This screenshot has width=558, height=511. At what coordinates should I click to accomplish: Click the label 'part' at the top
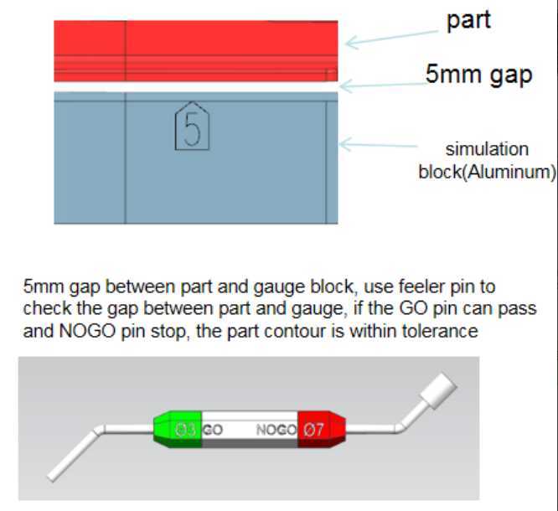[x=468, y=21]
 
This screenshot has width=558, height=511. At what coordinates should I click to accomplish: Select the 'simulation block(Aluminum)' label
[x=487, y=161]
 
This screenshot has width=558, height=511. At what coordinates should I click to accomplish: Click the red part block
[x=195, y=50]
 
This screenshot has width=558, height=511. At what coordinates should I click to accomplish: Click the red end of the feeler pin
[x=321, y=430]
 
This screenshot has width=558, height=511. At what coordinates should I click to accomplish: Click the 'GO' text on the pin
[x=213, y=430]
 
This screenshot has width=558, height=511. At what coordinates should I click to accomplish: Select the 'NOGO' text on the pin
[x=276, y=430]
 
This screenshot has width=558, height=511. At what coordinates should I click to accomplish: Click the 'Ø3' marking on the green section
[x=186, y=430]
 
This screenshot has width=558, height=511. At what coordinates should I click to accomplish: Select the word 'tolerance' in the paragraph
[x=443, y=332]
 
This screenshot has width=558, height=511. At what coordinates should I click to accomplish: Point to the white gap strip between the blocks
[x=195, y=86]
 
